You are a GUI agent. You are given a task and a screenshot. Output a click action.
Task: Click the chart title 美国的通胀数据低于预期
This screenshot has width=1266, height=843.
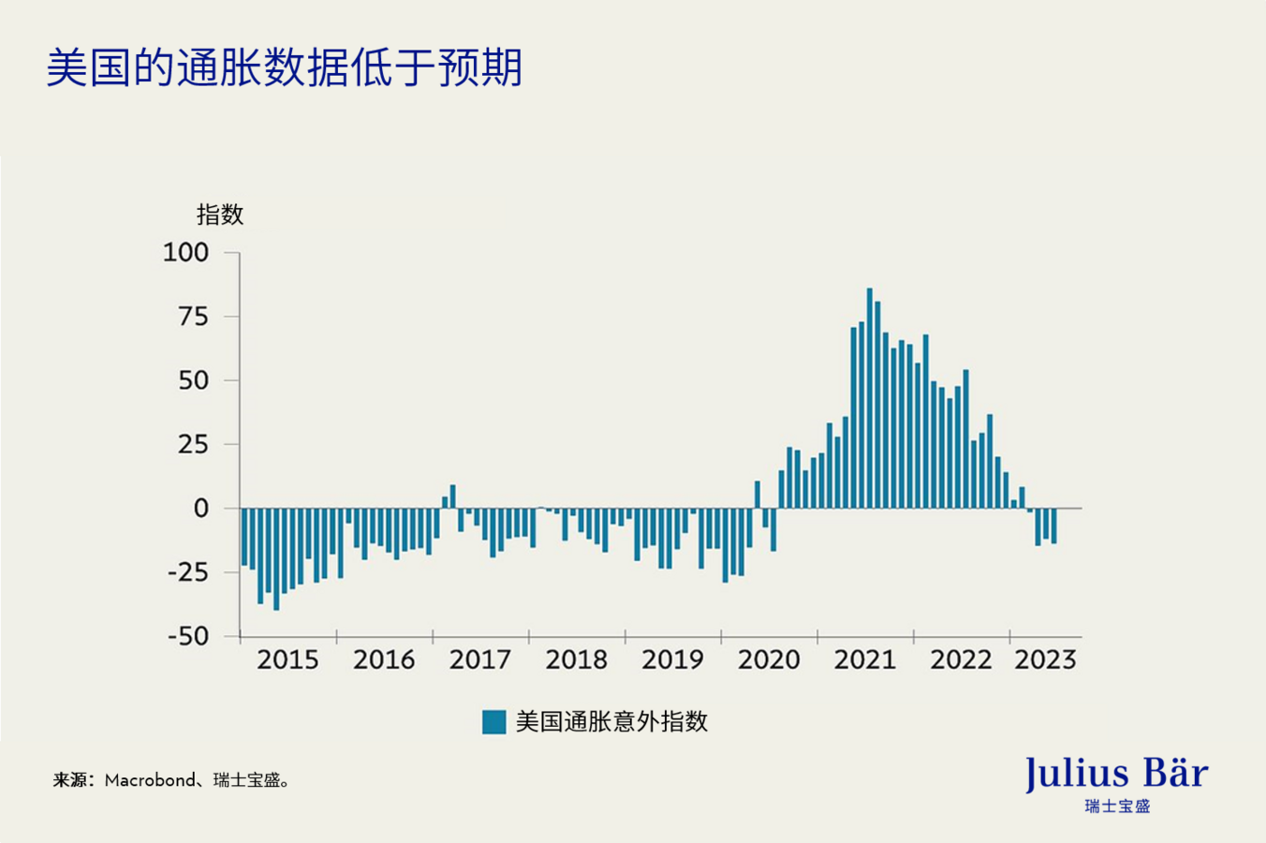(x=284, y=67)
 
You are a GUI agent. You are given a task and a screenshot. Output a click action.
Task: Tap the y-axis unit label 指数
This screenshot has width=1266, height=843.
(x=220, y=214)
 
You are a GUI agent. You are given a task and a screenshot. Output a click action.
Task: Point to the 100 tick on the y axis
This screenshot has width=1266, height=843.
(x=185, y=252)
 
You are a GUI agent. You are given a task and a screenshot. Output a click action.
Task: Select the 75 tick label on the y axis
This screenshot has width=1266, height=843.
(x=193, y=317)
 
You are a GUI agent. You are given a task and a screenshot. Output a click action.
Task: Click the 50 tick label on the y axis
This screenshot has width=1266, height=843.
(x=193, y=380)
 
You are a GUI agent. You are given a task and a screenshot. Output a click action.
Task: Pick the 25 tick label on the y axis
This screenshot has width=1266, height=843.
(x=193, y=444)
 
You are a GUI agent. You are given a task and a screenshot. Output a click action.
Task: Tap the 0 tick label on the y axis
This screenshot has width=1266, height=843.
(x=200, y=509)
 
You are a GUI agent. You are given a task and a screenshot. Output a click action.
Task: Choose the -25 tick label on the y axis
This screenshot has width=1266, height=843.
(x=187, y=572)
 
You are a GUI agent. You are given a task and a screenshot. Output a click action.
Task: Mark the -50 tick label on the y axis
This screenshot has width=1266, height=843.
(x=187, y=636)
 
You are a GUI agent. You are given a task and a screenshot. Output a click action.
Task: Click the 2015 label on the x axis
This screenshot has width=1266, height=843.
(x=287, y=660)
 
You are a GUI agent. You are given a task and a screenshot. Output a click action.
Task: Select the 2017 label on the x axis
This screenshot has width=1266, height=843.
(x=479, y=660)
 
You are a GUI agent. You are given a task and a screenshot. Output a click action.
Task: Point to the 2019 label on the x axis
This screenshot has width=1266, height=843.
(x=672, y=660)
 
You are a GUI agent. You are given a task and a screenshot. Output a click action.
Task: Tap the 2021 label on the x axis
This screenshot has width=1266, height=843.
(x=864, y=660)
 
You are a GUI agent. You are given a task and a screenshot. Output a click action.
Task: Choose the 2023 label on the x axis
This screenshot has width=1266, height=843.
(x=1045, y=660)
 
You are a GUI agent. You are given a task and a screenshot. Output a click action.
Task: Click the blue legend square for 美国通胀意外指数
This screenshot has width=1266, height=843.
(x=493, y=721)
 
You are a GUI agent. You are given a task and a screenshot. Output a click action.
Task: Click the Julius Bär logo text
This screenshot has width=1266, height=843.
(x=1116, y=774)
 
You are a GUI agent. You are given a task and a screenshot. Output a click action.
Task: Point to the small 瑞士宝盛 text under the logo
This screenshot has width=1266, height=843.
(x=1116, y=806)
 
